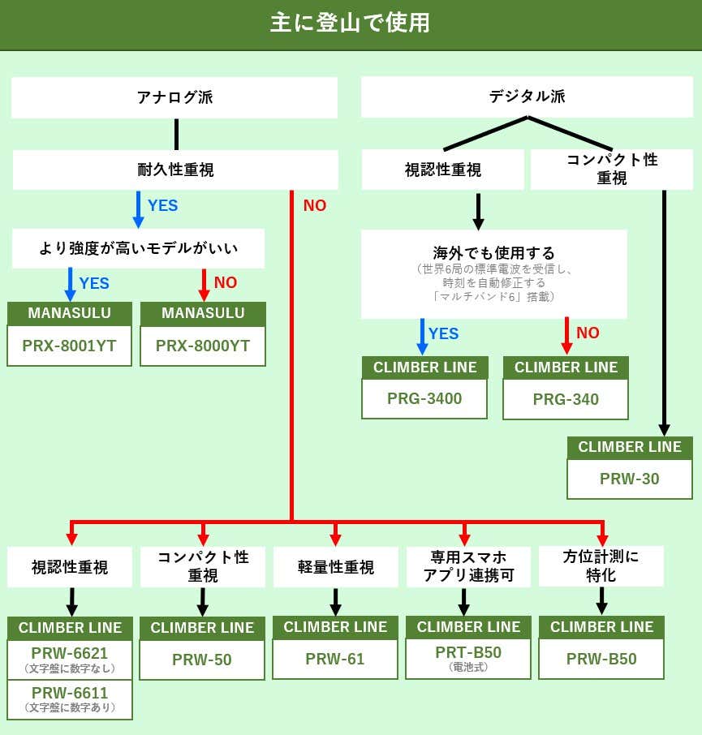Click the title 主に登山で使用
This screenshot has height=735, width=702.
coord(351,23)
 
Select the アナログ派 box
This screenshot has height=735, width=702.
coord(174,97)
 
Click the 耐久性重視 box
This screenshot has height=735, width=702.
coord(175,170)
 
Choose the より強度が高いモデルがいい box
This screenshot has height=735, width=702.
coord(139,248)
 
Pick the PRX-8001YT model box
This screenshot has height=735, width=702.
coord(69,346)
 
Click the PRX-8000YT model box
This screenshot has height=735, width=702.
coord(203,346)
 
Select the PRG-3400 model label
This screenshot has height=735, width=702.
coord(424,398)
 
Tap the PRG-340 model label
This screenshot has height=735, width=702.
coord(566,399)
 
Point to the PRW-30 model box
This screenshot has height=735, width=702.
coord(630,479)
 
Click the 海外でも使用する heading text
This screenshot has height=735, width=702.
coord(493,252)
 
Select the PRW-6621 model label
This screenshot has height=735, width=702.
coord(70,653)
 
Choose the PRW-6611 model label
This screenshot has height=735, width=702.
coord(70,693)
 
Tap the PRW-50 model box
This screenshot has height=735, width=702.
coord(202,660)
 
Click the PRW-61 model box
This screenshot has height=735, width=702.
coord(335,659)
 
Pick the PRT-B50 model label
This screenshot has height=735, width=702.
coord(468,652)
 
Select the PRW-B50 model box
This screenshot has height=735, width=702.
coord(601,659)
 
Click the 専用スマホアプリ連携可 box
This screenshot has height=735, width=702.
coord(468,566)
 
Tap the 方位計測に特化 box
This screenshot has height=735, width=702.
coord(601,565)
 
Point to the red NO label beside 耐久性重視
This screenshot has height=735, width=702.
coord(315,206)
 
